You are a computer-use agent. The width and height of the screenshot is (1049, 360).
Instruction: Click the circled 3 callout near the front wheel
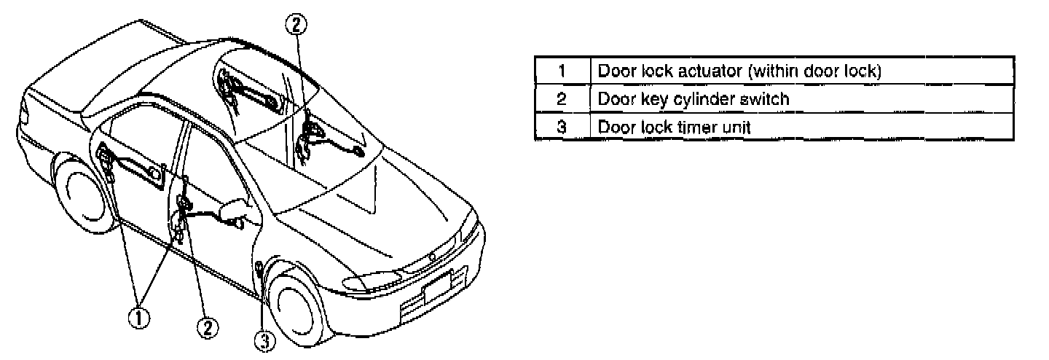click(266, 340)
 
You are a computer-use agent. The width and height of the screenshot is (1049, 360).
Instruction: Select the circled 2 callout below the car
click(208, 329)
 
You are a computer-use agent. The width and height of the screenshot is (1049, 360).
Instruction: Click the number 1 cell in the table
click(562, 71)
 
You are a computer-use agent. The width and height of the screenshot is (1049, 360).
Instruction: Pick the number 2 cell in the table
click(562, 98)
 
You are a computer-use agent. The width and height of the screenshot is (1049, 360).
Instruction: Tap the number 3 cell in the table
click(562, 126)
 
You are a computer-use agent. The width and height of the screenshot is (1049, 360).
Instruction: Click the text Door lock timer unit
click(674, 126)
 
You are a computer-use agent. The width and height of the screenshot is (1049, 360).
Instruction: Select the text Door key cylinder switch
click(694, 98)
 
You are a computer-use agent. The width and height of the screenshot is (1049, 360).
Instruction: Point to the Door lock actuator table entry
click(739, 71)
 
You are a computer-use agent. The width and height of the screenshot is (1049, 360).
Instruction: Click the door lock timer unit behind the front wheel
click(259, 271)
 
